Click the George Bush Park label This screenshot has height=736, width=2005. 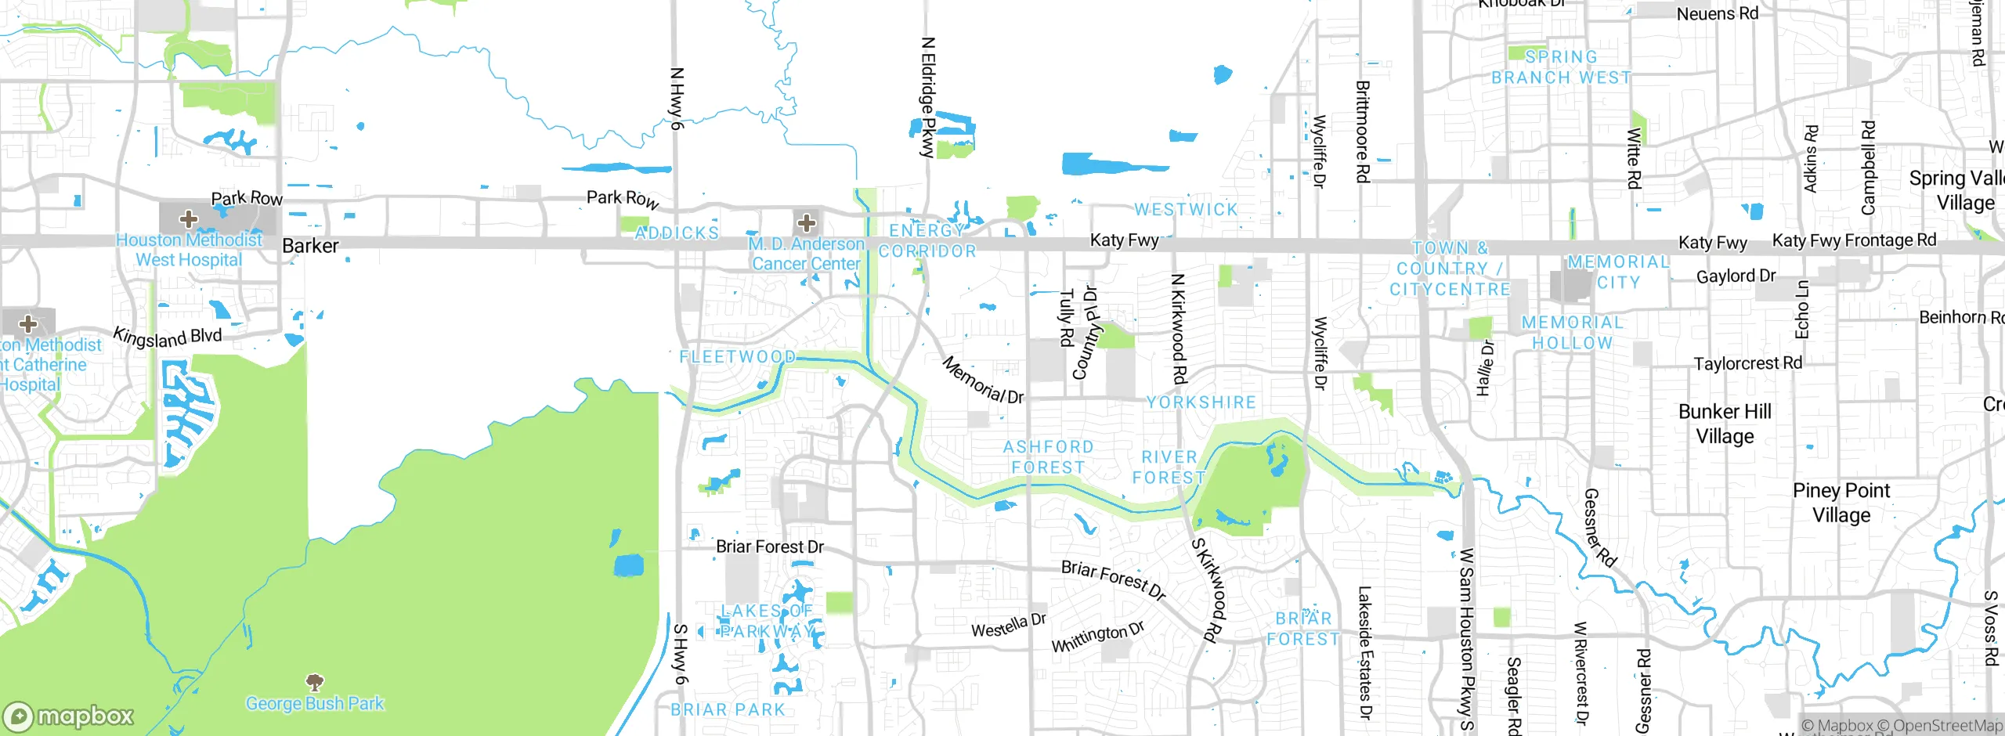pos(315,703)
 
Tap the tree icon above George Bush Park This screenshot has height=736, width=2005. pos(315,682)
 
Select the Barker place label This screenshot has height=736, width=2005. pos(310,246)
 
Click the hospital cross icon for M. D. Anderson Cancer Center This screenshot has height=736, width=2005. pos(807,223)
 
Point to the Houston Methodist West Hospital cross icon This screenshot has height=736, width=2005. pos(189,218)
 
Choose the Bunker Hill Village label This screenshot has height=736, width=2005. pos(1725,424)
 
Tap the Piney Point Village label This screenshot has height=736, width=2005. pos(1841,503)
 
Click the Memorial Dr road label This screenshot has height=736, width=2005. pos(982,381)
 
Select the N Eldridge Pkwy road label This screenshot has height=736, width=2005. pos(928,97)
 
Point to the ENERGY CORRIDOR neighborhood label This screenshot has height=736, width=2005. pos(927,240)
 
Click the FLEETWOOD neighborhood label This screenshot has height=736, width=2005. pos(737,357)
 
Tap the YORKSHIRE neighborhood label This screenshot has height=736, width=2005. pos(1201,402)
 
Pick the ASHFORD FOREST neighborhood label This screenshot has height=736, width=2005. pos(1048,456)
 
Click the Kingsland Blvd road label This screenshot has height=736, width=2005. pos(168,337)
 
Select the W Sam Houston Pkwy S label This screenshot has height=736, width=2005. pos(1466,639)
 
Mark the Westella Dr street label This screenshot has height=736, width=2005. pos(1009,626)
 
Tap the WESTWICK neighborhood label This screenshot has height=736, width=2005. pos(1186,209)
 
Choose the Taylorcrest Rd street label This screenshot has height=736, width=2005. pos(1747,363)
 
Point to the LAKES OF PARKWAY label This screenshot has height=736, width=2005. pos(768,621)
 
